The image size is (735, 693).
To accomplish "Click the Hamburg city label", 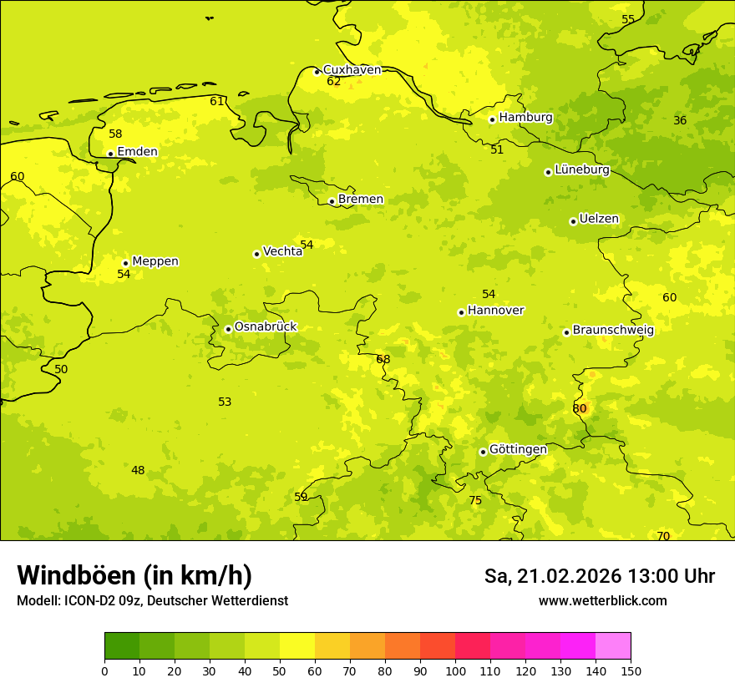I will click(525, 118).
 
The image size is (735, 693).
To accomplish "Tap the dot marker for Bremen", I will click(332, 201).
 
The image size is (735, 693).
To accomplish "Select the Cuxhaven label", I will click(352, 70).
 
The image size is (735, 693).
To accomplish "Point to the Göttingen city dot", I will click(483, 452).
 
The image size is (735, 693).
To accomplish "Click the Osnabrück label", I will click(266, 326).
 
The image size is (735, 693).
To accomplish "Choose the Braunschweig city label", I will click(613, 330).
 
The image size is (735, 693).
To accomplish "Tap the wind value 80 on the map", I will click(580, 408).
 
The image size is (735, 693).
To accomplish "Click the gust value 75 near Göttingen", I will click(475, 500).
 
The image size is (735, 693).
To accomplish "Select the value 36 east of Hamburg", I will click(680, 120).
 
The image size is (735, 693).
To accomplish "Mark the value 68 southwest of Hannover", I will click(383, 359).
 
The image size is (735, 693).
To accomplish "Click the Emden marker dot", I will click(110, 154).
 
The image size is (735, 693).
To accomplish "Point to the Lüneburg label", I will click(582, 169).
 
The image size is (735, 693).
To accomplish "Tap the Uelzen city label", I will click(599, 219).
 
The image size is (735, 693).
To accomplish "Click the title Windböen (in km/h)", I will click(134, 575).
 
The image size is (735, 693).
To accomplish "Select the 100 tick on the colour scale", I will click(455, 670).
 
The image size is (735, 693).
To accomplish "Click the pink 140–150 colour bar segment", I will click(613, 646).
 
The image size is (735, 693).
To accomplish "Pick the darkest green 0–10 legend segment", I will click(122, 646).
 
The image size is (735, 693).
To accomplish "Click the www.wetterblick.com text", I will click(602, 600).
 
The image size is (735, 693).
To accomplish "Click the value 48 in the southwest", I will click(138, 470).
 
